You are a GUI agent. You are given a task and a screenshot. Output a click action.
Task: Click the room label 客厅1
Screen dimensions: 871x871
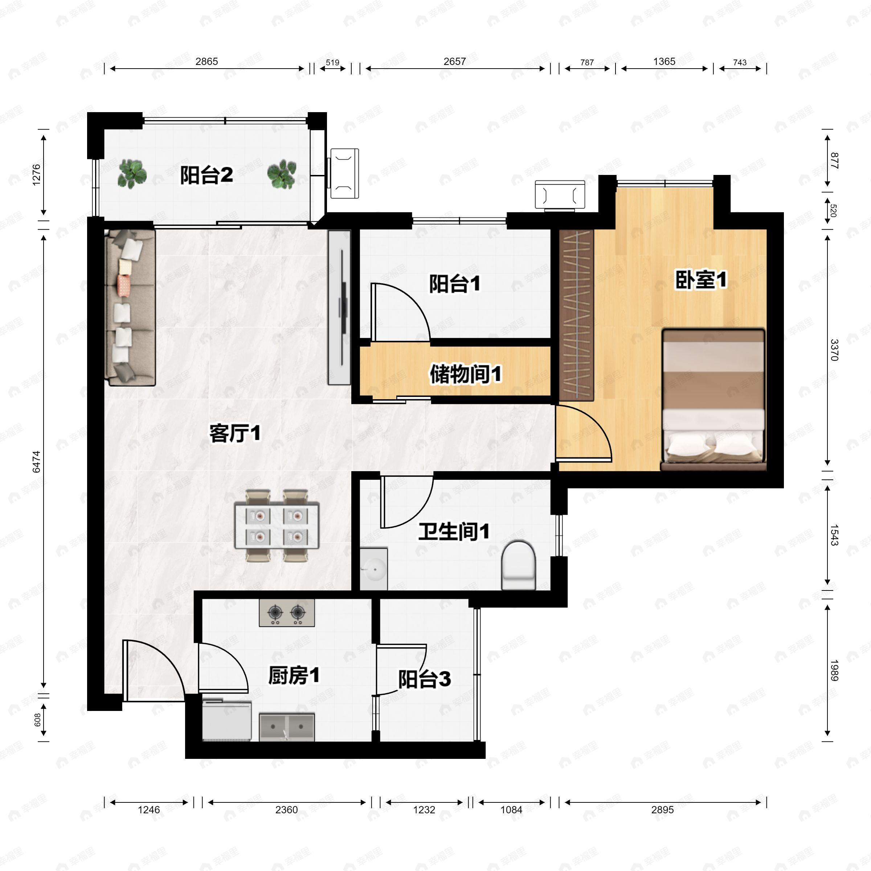pyautogui.click(x=234, y=434)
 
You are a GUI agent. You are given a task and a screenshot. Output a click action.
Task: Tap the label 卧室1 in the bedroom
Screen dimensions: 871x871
pyautogui.click(x=700, y=279)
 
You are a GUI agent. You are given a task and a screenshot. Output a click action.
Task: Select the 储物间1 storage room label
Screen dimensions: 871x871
pyautogui.click(x=465, y=374)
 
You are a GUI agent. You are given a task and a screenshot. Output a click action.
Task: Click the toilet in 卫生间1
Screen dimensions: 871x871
pyautogui.click(x=519, y=565)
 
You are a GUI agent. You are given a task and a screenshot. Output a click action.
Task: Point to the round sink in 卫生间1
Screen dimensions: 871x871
pyautogui.click(x=373, y=569)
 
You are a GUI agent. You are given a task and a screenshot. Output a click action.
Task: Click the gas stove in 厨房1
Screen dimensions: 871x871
pyautogui.click(x=287, y=613)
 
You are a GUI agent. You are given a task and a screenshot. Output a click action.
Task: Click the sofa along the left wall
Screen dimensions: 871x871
pyautogui.click(x=130, y=307)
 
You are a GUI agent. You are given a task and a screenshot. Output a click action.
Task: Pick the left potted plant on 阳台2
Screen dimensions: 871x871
pyautogui.click(x=132, y=173)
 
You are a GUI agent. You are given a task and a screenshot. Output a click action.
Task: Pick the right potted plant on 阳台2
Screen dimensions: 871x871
pyautogui.click(x=282, y=173)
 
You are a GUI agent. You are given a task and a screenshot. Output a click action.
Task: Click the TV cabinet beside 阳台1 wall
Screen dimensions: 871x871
pyautogui.click(x=339, y=307)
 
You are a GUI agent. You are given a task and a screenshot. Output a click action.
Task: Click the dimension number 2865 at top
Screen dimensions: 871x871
pyautogui.click(x=206, y=61)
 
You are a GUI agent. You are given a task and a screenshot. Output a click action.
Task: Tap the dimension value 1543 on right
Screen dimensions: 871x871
pyautogui.click(x=834, y=535)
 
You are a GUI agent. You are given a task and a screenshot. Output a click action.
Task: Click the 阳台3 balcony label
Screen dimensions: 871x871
pyautogui.click(x=424, y=679)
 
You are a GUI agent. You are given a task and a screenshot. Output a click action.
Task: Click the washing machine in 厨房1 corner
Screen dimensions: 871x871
pyautogui.click(x=226, y=720)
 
